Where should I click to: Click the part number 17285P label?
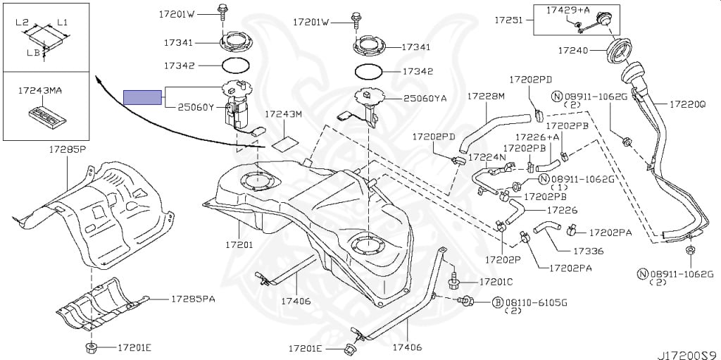click(67, 149)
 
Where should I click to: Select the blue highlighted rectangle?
click(143, 97)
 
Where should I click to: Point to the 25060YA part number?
click(425, 99)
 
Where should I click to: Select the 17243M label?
click(283, 114)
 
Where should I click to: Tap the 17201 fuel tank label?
click(239, 245)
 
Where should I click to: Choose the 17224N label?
click(487, 157)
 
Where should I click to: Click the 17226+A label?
click(537, 137)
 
